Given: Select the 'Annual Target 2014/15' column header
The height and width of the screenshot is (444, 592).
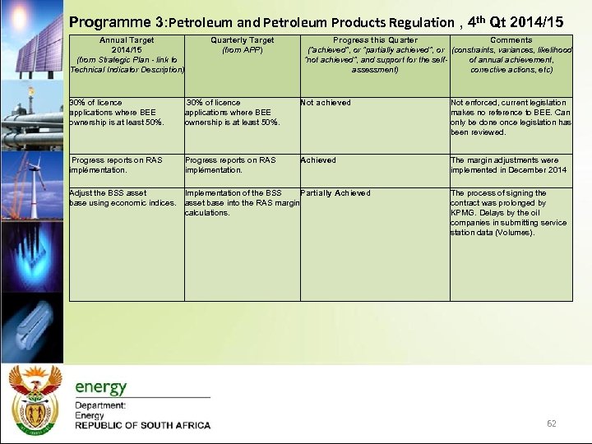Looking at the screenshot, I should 128,55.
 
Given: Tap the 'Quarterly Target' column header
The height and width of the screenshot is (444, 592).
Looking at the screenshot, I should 242,44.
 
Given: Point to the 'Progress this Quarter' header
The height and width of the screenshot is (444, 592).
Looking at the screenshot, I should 375,55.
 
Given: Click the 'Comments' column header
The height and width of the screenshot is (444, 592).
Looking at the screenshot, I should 511,55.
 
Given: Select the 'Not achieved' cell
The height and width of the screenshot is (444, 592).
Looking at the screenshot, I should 326,103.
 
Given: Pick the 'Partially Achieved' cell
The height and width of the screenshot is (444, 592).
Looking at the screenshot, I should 335,193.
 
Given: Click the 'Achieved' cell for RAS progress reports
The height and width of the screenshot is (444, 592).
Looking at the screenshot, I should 318,160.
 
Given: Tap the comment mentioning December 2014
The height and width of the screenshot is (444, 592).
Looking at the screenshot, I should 508,165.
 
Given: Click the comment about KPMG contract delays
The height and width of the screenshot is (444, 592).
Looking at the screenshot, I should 508,213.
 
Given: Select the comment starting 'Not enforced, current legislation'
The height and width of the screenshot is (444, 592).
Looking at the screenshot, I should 511,118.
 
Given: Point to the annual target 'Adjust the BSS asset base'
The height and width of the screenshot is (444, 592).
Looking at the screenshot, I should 123,198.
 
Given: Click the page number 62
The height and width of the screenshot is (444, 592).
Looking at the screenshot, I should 552,423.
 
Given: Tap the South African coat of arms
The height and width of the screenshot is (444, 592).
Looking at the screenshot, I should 34,400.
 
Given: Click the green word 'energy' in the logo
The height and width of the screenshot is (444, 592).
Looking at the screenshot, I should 101,387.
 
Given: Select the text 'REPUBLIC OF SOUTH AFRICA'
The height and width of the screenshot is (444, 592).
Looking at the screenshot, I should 142,426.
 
